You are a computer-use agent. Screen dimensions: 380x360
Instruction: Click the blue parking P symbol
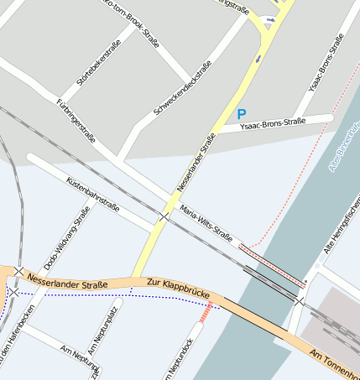click(x=242, y=113)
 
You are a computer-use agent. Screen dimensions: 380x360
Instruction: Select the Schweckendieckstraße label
click(x=183, y=90)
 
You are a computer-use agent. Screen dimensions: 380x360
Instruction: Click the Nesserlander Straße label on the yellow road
click(x=197, y=161)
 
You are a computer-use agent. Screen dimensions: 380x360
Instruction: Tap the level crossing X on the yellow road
click(x=164, y=217)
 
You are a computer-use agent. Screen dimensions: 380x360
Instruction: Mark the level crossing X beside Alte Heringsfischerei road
click(x=300, y=300)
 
